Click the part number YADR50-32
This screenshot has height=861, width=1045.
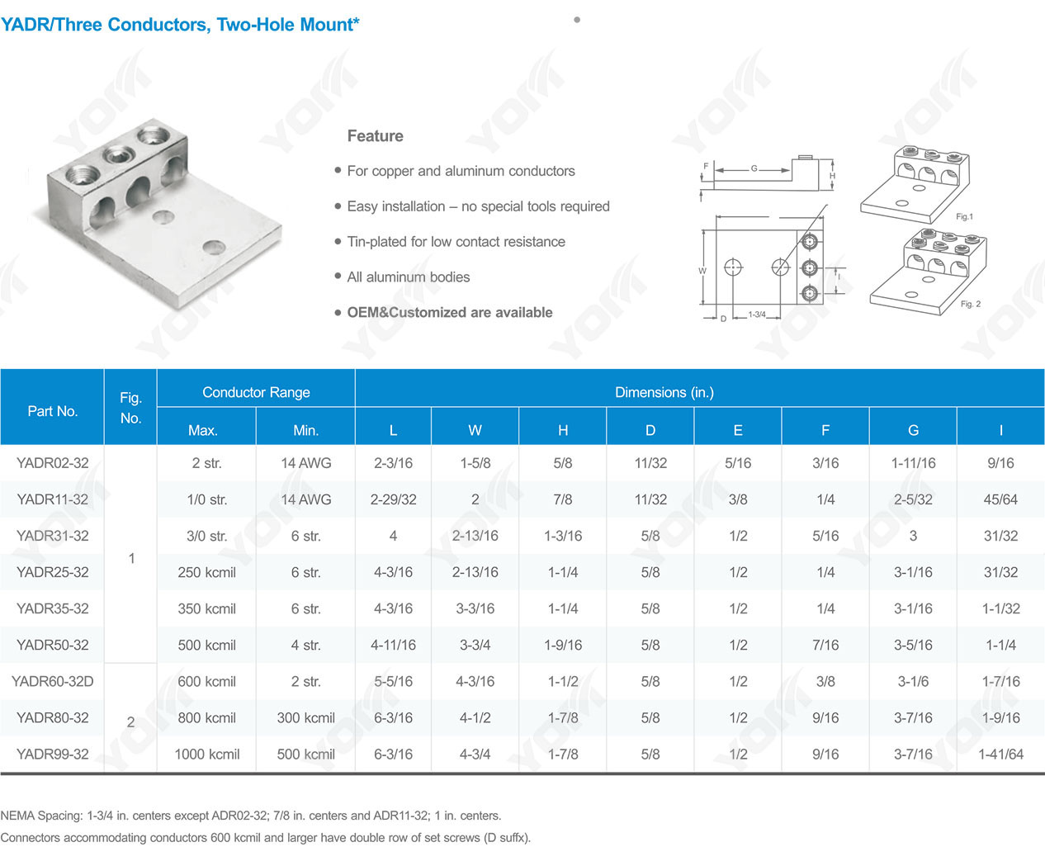(53, 645)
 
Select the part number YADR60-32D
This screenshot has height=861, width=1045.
(53, 681)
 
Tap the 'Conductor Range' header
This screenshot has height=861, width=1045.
(256, 392)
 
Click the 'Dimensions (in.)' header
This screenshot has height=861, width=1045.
(664, 392)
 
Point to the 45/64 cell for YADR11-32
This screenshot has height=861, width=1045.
(1000, 499)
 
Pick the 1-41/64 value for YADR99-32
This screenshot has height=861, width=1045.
(1000, 754)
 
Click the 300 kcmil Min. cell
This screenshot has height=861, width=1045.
(305, 717)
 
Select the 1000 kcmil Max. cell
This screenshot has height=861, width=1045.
(206, 754)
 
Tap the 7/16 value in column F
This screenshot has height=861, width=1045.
(825, 645)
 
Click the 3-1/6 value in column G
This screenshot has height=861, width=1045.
(913, 681)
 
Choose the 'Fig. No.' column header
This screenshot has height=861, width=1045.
(130, 408)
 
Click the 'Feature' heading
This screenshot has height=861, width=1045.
(375, 136)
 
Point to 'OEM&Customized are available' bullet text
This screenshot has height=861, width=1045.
(450, 312)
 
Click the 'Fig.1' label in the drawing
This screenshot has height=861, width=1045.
(964, 216)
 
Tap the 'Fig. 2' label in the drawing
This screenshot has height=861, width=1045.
(971, 304)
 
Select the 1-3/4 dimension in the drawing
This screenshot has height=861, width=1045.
(756, 315)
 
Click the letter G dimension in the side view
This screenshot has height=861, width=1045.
(754, 168)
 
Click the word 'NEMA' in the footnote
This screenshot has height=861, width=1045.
(17, 816)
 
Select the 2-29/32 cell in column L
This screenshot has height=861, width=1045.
(393, 499)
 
